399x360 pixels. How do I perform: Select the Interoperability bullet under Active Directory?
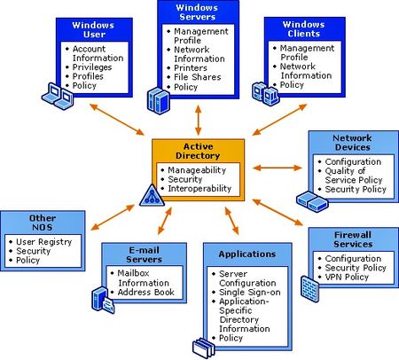(x=199, y=188)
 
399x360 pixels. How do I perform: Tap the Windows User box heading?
(x=93, y=29)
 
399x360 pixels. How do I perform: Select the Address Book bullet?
(x=143, y=292)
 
